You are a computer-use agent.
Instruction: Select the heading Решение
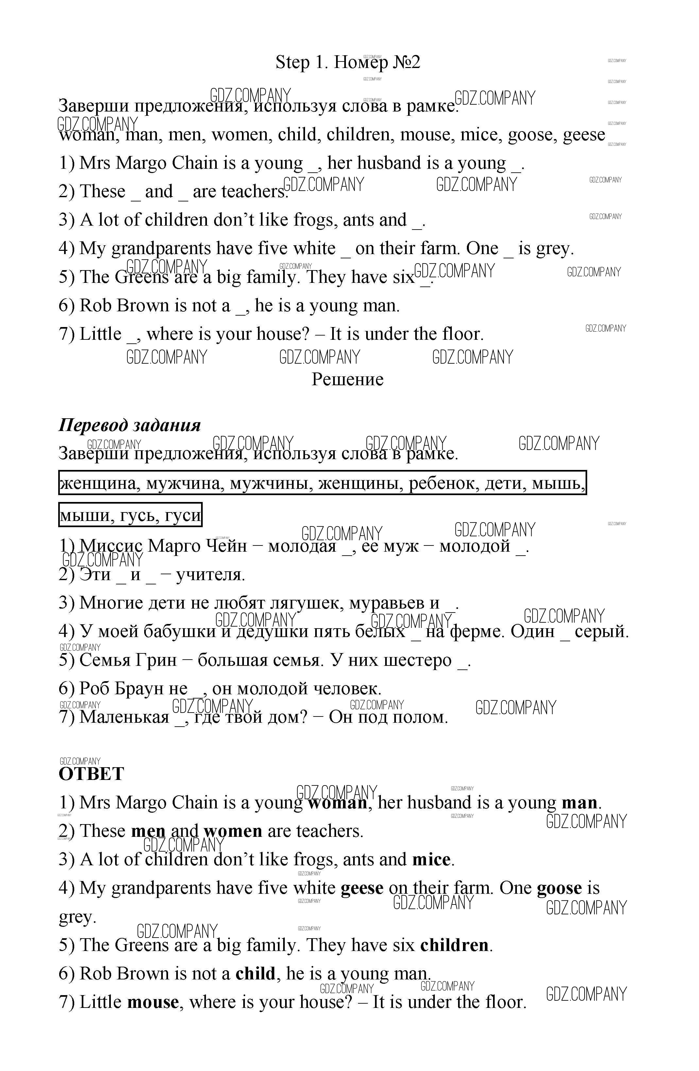347,379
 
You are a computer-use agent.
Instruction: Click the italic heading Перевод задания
129,425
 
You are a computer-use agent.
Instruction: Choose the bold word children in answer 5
454,945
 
